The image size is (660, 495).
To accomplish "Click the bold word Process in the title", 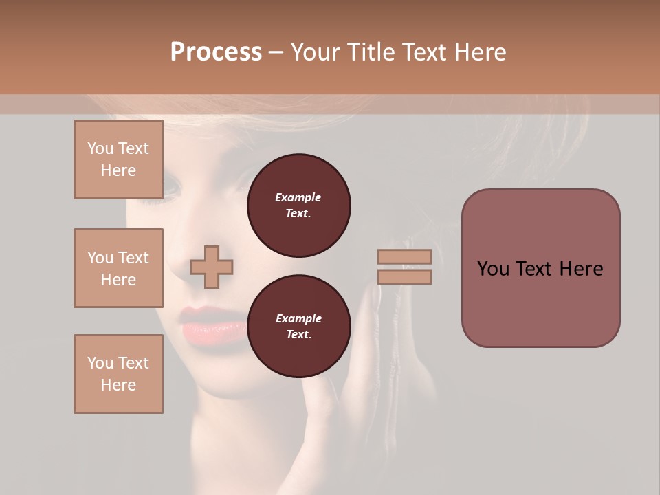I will point(216,52).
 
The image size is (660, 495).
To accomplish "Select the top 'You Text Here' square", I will point(118,159).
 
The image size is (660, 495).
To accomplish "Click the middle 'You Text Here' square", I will point(118,268).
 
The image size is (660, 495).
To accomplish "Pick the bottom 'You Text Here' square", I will point(118,374).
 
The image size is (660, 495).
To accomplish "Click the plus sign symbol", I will point(212,267).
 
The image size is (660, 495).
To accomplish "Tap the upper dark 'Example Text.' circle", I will point(298,206).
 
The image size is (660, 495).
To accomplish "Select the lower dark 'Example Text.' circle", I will point(298,327).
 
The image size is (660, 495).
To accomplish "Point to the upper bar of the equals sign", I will point(404,256).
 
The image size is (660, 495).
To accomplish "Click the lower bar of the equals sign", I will point(404,277).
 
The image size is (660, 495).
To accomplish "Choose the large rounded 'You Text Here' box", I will point(540,268).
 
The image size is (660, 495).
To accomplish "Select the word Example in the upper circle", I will point(298,197).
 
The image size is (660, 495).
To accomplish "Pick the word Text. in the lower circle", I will point(298,335).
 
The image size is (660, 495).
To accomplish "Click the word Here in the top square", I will point(118,170).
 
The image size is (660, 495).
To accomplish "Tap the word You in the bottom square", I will point(100,363).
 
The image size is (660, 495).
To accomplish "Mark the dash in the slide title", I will point(276,53).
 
